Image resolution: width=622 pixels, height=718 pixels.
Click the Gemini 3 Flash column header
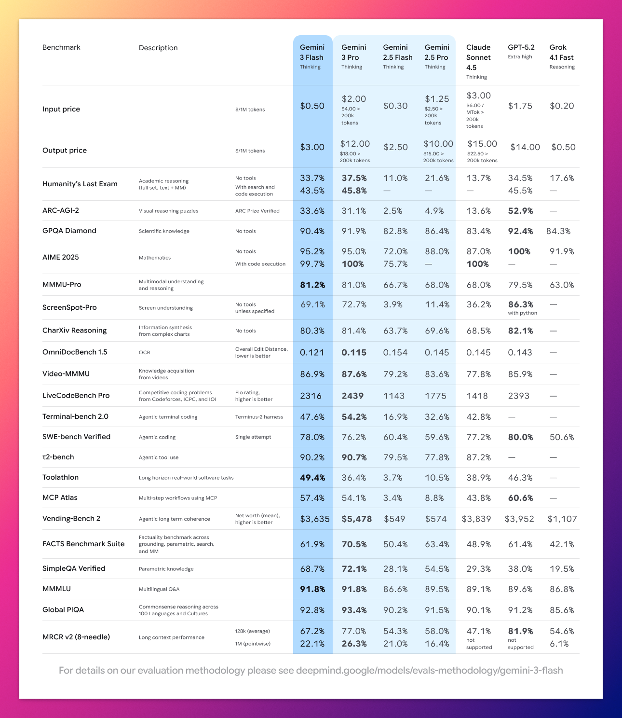(312, 53)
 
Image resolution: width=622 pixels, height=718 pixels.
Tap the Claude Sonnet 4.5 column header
(478, 57)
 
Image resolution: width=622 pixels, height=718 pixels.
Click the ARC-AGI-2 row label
(61, 210)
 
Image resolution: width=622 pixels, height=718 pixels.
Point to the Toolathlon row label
(60, 477)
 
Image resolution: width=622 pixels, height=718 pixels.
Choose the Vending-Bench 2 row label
(71, 518)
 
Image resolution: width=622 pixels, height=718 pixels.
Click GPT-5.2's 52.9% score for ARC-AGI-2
(520, 211)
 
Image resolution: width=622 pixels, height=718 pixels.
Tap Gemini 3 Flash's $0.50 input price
(312, 106)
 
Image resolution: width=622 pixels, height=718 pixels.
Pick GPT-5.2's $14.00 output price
(525, 147)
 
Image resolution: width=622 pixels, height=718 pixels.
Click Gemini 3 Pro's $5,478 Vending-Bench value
(356, 519)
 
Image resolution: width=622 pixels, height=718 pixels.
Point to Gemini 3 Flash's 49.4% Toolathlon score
(312, 478)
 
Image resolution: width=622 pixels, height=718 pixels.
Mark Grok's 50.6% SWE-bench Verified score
(562, 437)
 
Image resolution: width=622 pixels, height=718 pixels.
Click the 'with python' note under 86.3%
(522, 313)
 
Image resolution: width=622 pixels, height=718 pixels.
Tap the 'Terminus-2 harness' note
(259, 417)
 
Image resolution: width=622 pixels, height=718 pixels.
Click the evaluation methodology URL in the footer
(429, 670)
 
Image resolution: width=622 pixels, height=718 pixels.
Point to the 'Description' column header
(158, 48)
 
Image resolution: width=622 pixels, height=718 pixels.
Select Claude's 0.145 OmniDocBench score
(478, 352)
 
